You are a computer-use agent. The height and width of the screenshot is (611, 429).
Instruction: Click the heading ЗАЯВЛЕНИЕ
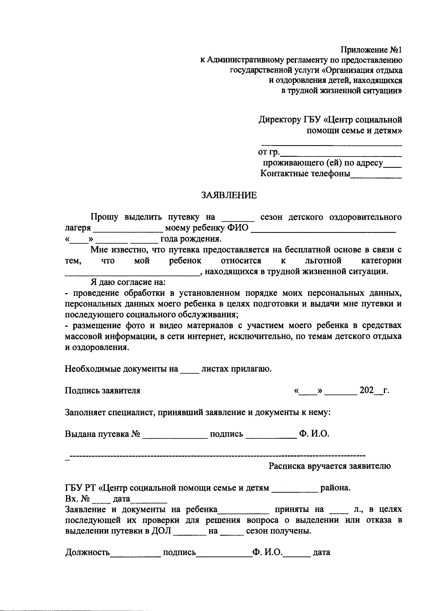tap(229, 195)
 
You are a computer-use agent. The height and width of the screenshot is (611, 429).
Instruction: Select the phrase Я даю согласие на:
tap(127, 282)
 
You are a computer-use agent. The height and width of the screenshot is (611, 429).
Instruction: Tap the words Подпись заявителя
tap(103, 390)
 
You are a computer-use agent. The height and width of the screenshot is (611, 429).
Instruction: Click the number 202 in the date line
tap(367, 390)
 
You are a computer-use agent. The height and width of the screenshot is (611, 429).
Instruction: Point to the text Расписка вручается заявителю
tap(330, 466)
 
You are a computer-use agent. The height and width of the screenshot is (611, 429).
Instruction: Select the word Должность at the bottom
tap(87, 552)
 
